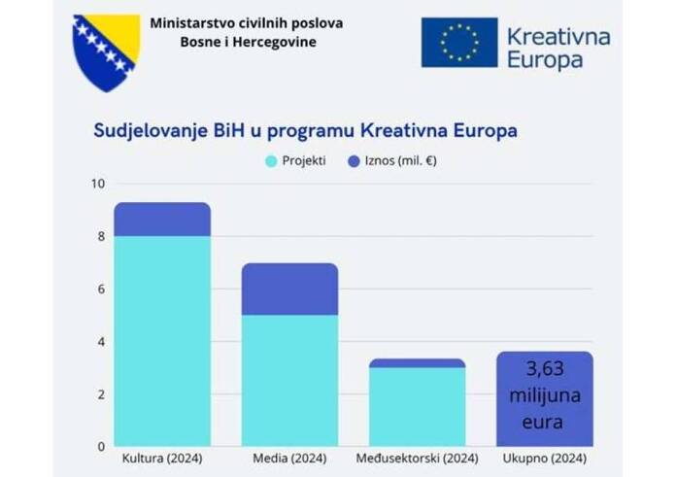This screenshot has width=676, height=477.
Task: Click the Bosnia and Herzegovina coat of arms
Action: click(106, 50)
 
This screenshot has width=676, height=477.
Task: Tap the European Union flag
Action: click(458, 43)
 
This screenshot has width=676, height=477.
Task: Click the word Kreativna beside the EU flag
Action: click(558, 37)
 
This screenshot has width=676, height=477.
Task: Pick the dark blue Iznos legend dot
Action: click(354, 160)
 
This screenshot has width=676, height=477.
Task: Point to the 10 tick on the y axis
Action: click(95, 184)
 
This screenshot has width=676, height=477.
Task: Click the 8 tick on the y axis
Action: click(99, 236)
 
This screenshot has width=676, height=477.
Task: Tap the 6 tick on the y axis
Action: click(99, 289)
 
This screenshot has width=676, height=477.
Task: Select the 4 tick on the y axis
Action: click(99, 342)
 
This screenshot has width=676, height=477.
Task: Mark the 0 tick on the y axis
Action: click(99, 447)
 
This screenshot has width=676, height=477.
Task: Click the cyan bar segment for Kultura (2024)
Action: click(162, 340)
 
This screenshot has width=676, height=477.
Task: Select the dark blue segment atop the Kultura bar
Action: click(162, 220)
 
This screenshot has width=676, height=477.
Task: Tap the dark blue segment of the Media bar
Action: click(289, 290)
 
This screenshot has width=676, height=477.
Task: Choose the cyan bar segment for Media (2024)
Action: click(289, 380)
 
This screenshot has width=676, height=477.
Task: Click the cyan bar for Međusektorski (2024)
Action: click(417, 407)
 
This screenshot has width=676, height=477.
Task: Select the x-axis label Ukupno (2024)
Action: click(544, 458)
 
